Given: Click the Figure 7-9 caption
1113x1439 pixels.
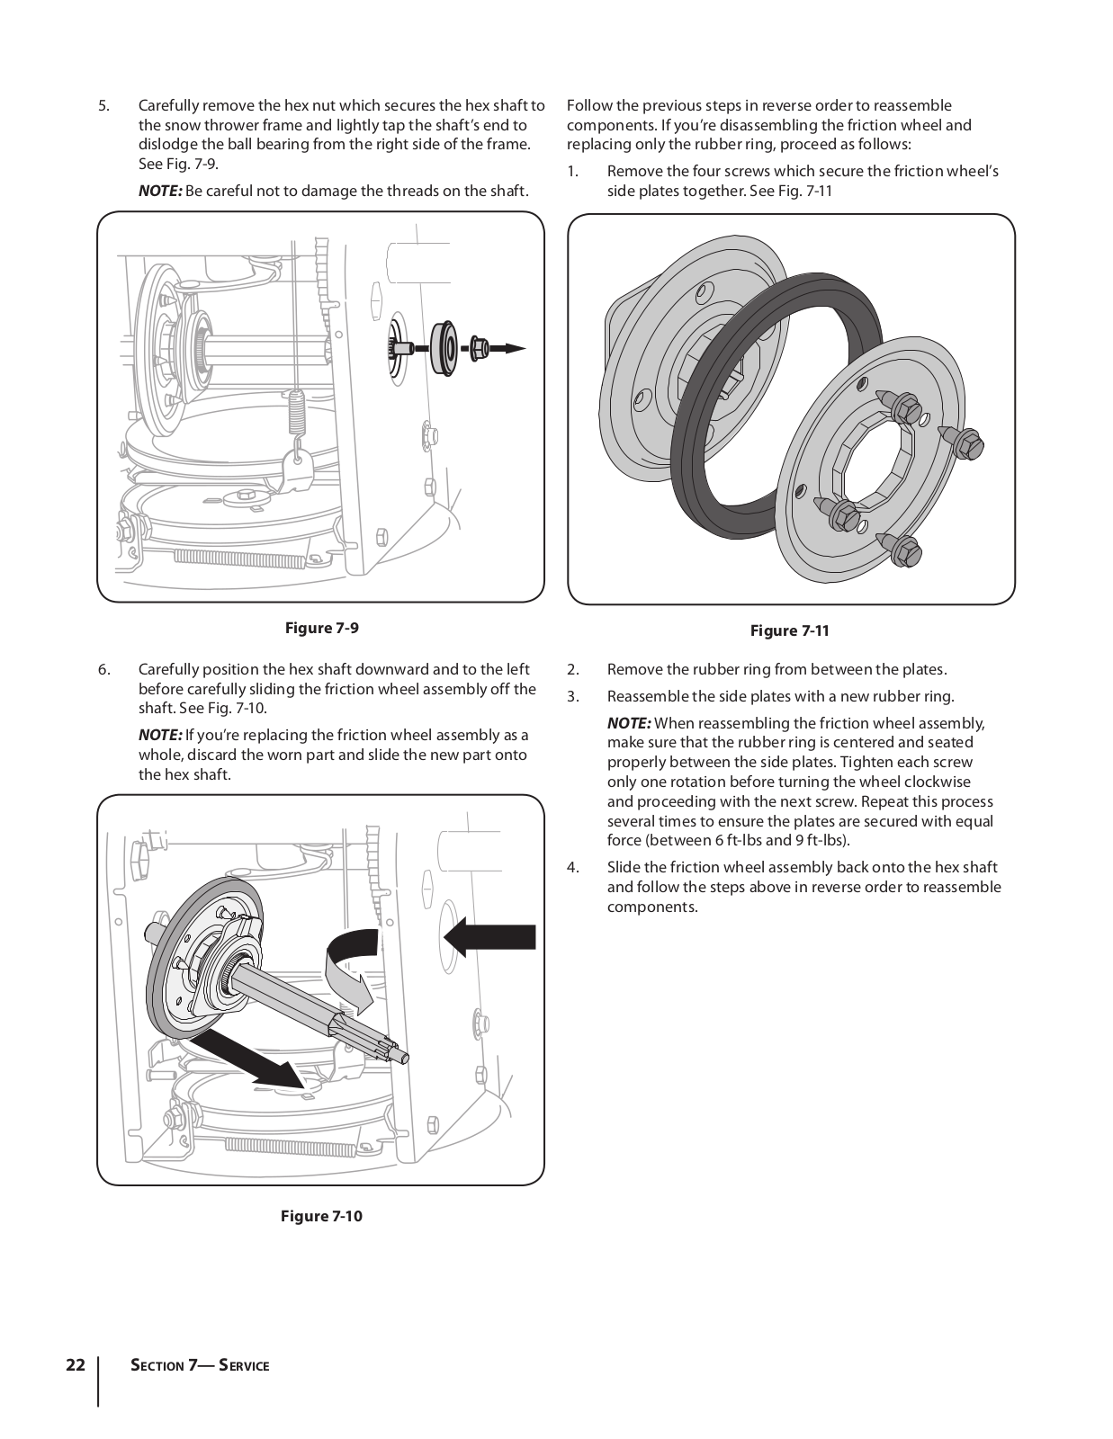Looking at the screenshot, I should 321,628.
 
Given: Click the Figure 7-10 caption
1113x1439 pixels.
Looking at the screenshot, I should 321,1216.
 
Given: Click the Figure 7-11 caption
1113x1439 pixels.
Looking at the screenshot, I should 789,630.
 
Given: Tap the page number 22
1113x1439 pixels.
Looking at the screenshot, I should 76,1365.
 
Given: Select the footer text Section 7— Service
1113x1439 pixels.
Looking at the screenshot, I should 200,1365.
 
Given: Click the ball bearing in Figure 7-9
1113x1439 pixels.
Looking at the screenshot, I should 444,346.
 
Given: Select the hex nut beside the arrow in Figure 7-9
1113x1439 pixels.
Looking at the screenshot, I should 477,347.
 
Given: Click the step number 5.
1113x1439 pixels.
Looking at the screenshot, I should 104,106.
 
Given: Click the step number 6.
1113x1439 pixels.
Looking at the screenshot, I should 104,669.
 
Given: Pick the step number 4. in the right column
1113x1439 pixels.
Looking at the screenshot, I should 573,867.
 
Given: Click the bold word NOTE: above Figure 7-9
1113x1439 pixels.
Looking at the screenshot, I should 160,191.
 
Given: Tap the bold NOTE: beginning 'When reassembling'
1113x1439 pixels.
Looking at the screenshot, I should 629,723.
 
